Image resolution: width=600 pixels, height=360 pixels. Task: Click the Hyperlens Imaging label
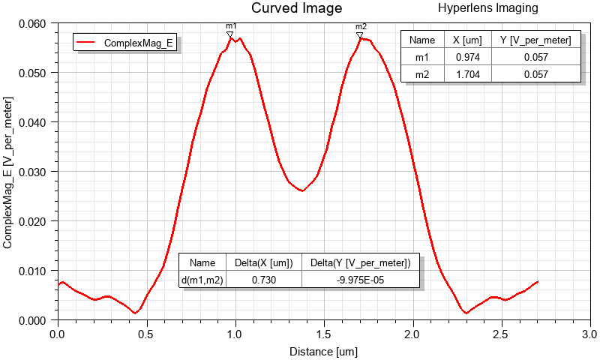coord(487,8)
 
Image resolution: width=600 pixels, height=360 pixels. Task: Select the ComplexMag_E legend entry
coord(139,43)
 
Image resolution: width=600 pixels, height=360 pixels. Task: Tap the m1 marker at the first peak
coord(230,34)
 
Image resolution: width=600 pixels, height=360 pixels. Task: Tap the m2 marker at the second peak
coord(360,35)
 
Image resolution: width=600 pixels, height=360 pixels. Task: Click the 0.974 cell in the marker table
coord(463,57)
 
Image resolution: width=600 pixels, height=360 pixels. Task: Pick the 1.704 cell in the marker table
coord(463,73)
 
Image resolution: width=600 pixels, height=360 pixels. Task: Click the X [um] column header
coord(463,40)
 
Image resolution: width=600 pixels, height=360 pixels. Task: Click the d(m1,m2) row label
coord(202,280)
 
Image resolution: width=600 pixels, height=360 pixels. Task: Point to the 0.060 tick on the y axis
coord(34,23)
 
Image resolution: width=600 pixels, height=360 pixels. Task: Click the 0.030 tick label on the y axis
coord(34,172)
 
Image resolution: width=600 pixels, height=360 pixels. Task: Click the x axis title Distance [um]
coord(324,350)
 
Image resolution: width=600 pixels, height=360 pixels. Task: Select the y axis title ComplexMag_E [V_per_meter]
coord(8,172)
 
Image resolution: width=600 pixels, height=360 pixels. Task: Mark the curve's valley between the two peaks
coord(302,190)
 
